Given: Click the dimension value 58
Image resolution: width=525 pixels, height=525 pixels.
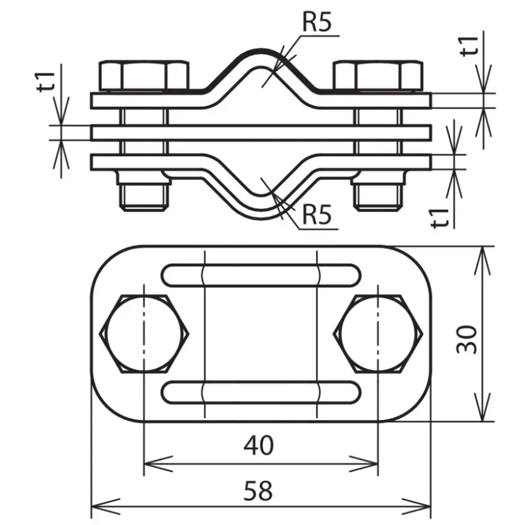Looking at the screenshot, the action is pos(258,490).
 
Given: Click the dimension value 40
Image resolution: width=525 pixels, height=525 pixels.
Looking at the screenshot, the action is pos(258,445).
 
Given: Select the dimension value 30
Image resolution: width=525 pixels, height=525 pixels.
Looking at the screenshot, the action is pos(466,339).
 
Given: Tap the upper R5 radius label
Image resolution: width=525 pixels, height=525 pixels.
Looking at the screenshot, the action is pos(317,22).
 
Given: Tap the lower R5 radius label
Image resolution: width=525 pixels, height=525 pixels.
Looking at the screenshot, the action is pos(317,214).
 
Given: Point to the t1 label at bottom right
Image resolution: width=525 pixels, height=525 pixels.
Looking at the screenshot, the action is pos(440,217).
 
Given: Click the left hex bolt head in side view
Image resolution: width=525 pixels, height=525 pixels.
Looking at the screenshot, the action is pos(144,76).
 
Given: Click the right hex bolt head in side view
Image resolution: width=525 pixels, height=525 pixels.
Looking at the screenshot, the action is pos(378,76).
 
